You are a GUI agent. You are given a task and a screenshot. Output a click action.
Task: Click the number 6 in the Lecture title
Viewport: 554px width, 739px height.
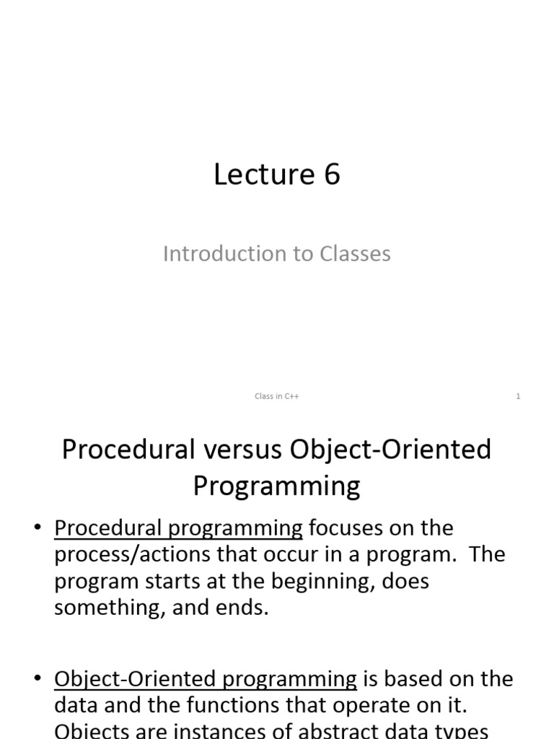[x=332, y=175]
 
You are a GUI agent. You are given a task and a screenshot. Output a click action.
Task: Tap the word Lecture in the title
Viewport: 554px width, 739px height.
[x=255, y=175]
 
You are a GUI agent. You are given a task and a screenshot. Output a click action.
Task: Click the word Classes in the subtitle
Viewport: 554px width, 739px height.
[x=353, y=254]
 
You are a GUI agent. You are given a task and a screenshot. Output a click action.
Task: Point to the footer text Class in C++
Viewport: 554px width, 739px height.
[x=277, y=396]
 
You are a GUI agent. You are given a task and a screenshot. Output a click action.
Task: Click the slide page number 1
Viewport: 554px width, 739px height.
[x=518, y=396]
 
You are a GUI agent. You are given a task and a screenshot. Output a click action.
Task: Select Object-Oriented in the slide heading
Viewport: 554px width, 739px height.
[x=390, y=450]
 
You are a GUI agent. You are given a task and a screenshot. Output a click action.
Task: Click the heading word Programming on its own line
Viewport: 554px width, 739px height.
[x=276, y=486]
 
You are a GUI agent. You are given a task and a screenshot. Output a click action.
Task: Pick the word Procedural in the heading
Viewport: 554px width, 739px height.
[x=118, y=450]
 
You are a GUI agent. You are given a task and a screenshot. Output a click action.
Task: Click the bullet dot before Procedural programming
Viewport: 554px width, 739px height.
[x=38, y=529]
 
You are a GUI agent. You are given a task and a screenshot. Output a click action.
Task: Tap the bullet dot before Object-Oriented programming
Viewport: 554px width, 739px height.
[x=38, y=680]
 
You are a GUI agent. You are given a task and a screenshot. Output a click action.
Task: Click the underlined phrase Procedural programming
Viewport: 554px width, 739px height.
[x=178, y=529]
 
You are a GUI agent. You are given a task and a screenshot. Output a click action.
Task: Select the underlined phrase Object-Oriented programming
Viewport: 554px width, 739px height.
[x=206, y=680]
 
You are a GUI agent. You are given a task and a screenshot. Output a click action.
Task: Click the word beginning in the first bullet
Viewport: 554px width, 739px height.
[x=315, y=581]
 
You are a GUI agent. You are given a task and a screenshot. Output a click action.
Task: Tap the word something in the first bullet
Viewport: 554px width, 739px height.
[x=107, y=607]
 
